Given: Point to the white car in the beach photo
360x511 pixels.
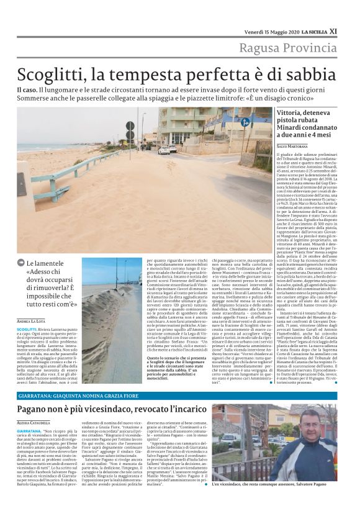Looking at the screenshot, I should click(x=164, y=150).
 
